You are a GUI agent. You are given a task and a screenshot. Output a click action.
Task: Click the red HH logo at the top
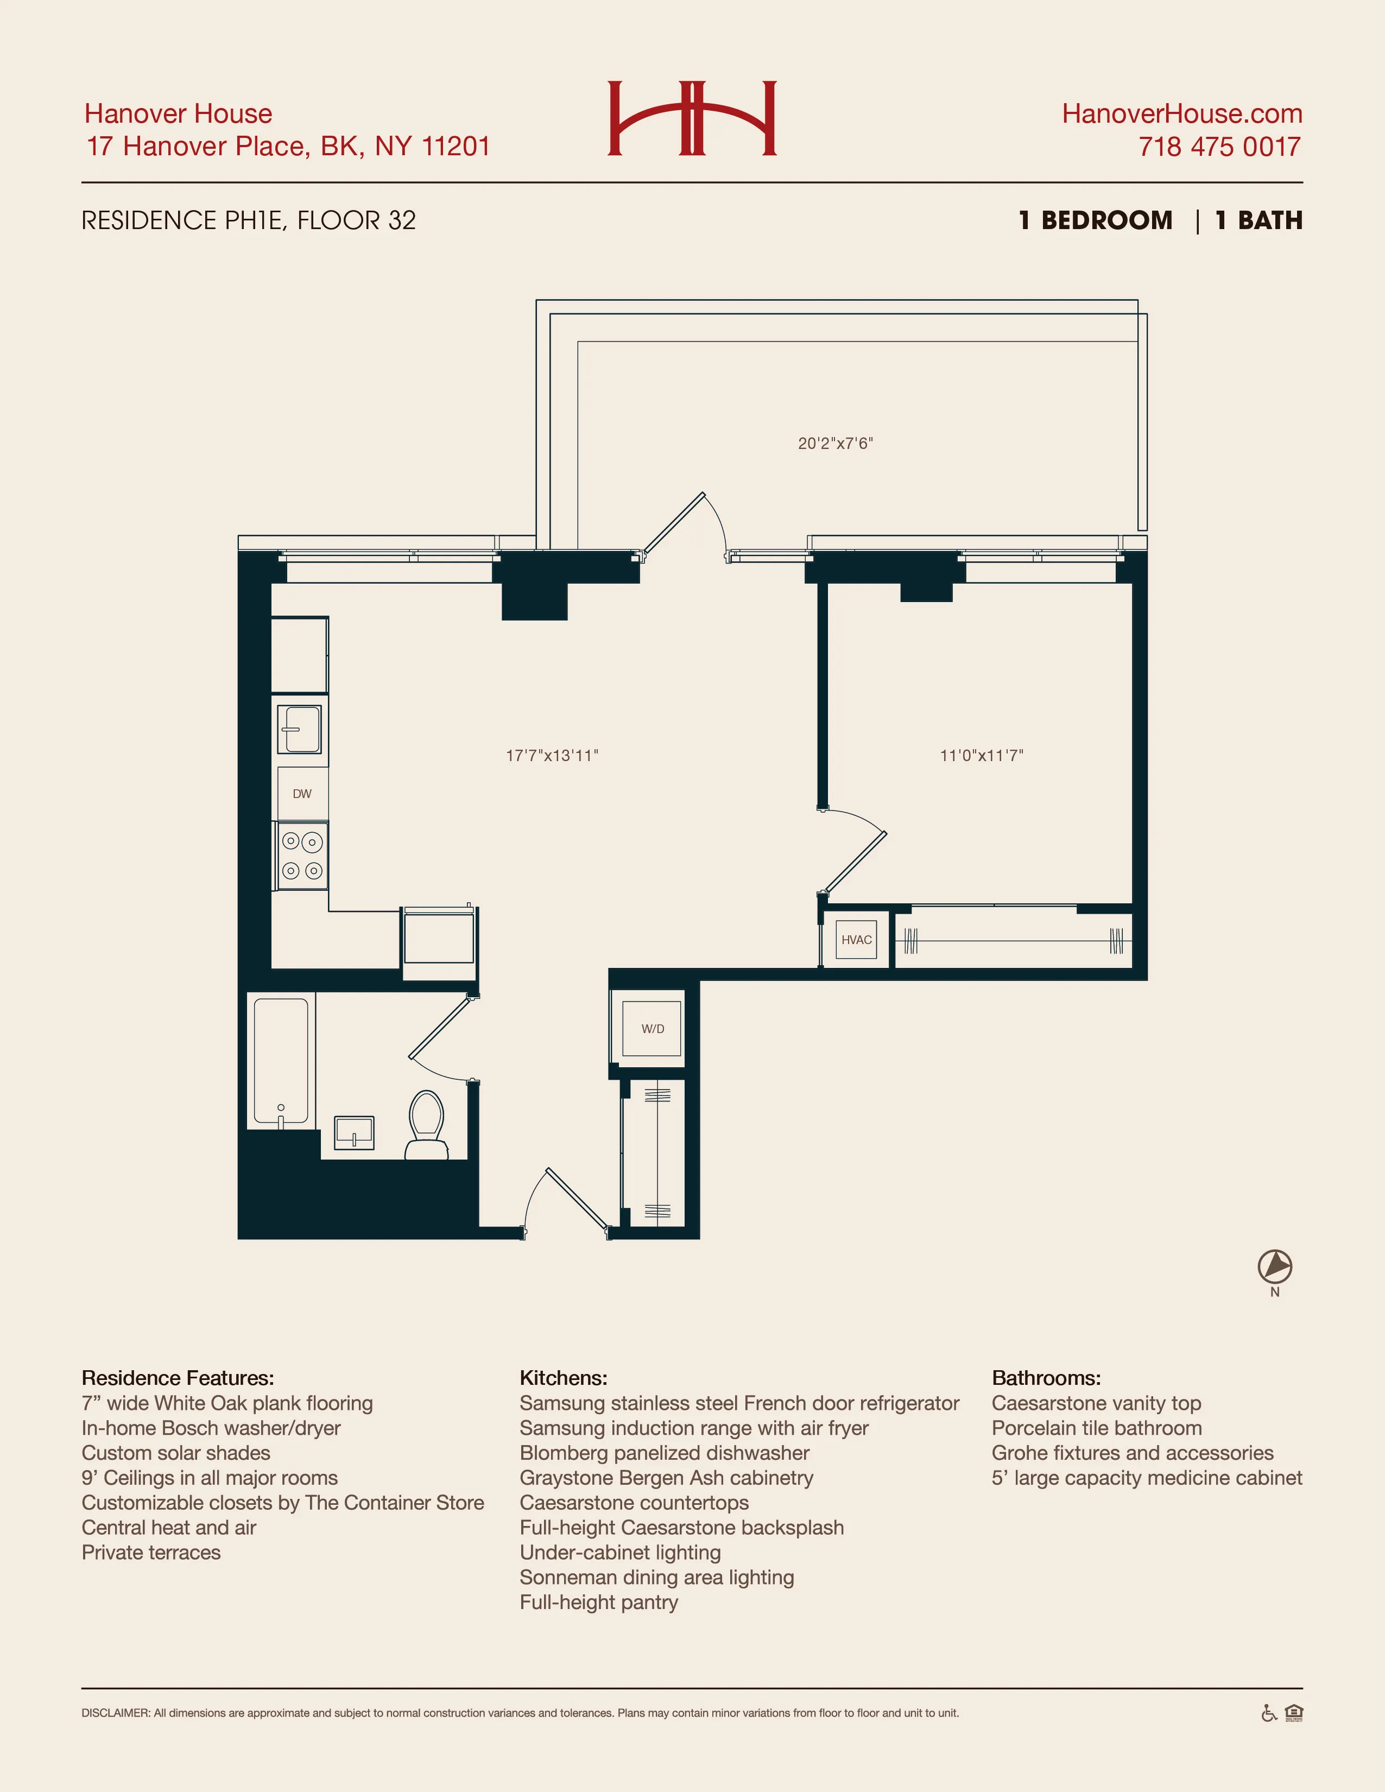pyautogui.click(x=692, y=118)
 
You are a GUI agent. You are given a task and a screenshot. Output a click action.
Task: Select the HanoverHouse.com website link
pyautogui.click(x=1181, y=113)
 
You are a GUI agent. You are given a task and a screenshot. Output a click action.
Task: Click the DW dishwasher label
pyautogui.click(x=302, y=794)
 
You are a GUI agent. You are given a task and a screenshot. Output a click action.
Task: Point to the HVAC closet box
pyautogui.click(x=856, y=940)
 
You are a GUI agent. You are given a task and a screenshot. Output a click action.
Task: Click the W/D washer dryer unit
pyautogui.click(x=652, y=1028)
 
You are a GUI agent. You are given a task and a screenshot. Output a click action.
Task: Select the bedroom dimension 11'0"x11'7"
pyautogui.click(x=981, y=756)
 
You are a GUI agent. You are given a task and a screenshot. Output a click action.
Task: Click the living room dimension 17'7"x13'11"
pyautogui.click(x=552, y=756)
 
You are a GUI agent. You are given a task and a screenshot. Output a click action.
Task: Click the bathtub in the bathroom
pyautogui.click(x=281, y=1060)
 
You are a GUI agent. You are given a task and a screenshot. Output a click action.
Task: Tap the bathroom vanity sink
pyautogui.click(x=355, y=1133)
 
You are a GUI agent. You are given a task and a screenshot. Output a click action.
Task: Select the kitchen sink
pyautogui.click(x=300, y=730)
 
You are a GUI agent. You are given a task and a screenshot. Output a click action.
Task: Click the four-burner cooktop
pyautogui.click(x=302, y=856)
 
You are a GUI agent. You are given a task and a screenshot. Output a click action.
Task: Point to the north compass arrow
pyautogui.click(x=1274, y=1266)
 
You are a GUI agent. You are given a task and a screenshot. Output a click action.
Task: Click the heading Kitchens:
pyautogui.click(x=563, y=1378)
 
